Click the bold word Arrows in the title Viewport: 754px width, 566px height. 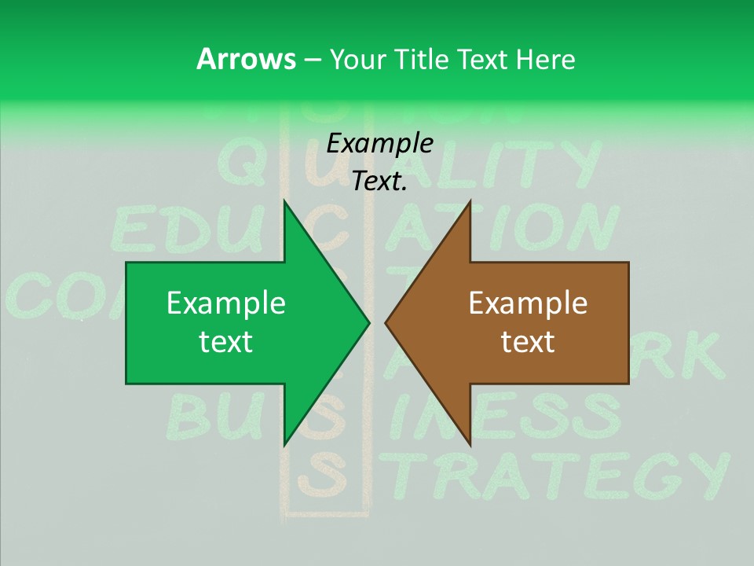245,59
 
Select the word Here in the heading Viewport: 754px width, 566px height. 545,59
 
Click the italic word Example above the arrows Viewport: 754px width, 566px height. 379,144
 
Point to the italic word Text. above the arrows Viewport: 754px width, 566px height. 379,182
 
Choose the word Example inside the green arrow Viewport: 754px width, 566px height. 225,303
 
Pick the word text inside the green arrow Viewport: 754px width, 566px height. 225,342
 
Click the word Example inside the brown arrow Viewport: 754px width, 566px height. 528,303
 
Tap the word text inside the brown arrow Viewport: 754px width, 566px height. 528,342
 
